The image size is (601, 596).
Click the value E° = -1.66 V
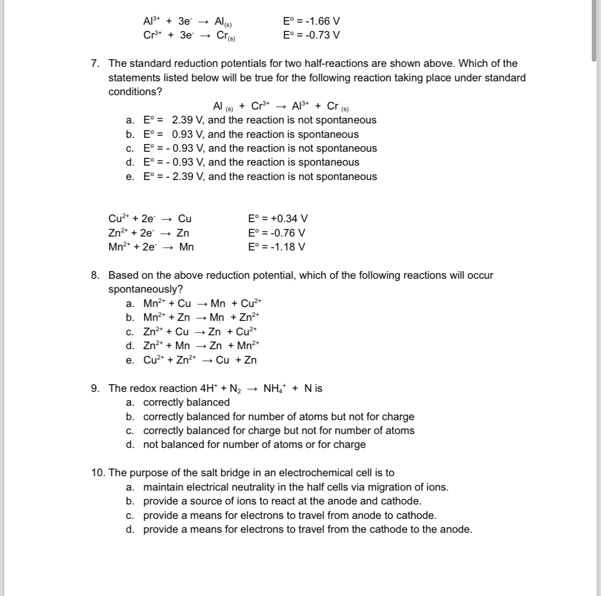(311, 21)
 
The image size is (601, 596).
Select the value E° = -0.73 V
(311, 35)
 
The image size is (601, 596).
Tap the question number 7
(96, 63)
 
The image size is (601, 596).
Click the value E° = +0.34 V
(277, 219)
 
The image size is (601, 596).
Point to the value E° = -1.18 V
(276, 246)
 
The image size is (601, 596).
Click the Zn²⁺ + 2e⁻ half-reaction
(148, 233)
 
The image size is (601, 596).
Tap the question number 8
(96, 275)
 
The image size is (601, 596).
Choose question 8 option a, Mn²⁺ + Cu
(202, 303)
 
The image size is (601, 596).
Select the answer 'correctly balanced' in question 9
(186, 402)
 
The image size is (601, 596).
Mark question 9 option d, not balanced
(254, 444)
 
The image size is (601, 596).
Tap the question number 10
(98, 473)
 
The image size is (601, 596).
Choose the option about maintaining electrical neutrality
(295, 487)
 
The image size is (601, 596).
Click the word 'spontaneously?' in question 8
(145, 289)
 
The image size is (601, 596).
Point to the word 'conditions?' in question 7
(135, 92)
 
